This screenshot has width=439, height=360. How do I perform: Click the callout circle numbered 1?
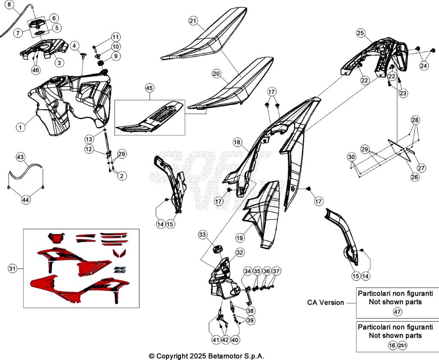[20, 127]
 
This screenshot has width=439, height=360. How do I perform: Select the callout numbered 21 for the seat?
[193, 21]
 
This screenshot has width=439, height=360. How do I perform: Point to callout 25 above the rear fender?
[361, 33]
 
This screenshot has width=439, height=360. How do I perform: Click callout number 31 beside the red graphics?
[13, 269]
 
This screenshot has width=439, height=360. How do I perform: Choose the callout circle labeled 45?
[149, 88]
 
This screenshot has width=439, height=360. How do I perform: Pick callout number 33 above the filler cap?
[202, 234]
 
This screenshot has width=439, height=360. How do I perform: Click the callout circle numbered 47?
[397, 312]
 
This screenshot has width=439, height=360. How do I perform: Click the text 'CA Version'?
[325, 303]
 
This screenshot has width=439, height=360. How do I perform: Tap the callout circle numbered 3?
[59, 62]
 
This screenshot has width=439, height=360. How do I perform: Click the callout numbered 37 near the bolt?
[277, 271]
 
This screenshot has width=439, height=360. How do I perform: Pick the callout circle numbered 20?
[216, 74]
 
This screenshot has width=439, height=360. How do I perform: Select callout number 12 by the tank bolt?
[89, 149]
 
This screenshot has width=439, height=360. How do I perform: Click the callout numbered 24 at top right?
[424, 66]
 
